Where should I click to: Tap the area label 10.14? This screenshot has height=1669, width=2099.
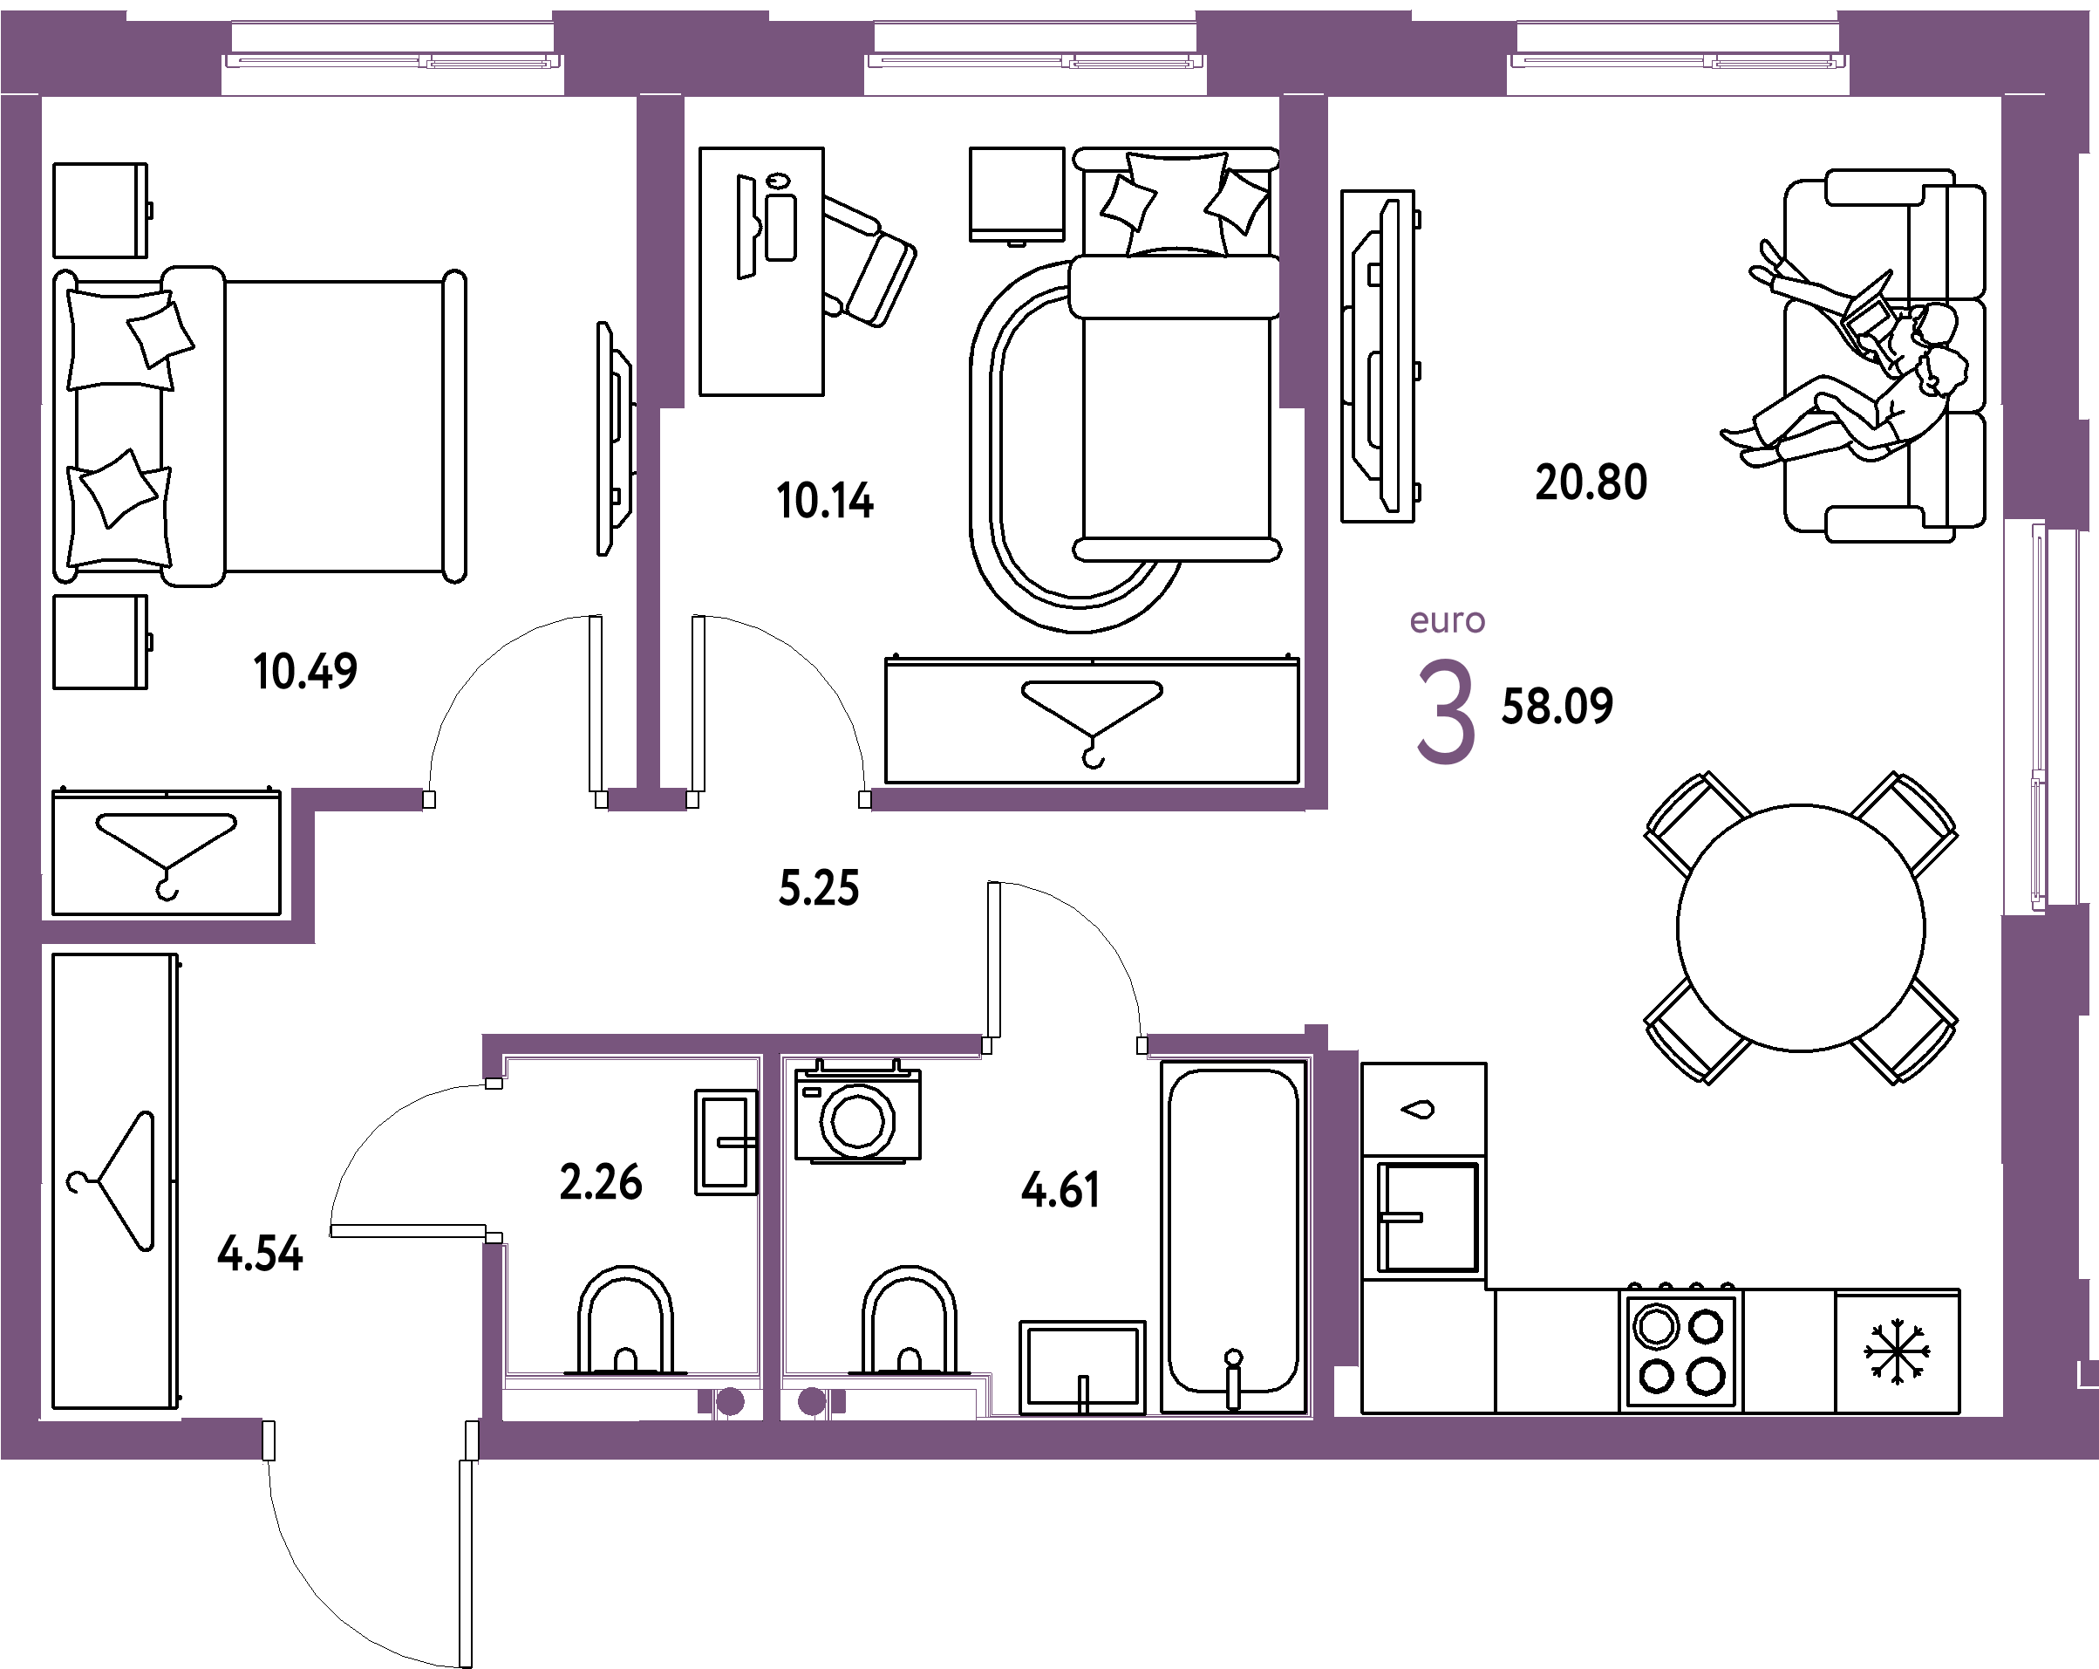point(826,502)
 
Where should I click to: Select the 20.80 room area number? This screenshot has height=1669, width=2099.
point(1591,482)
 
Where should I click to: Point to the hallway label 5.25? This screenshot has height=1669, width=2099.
point(819,888)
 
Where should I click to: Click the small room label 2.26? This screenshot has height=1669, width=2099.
point(601,1182)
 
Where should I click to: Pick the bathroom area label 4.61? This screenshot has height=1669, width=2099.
point(1060,1190)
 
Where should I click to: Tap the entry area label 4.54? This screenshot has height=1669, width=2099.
point(260,1255)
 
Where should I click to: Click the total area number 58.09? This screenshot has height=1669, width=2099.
point(1557,706)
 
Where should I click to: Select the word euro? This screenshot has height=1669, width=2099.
point(1448,621)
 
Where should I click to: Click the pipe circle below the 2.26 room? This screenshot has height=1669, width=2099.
point(729,1402)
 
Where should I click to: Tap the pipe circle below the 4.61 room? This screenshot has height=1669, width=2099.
point(811,1402)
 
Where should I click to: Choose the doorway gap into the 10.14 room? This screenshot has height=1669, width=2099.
point(779,800)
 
